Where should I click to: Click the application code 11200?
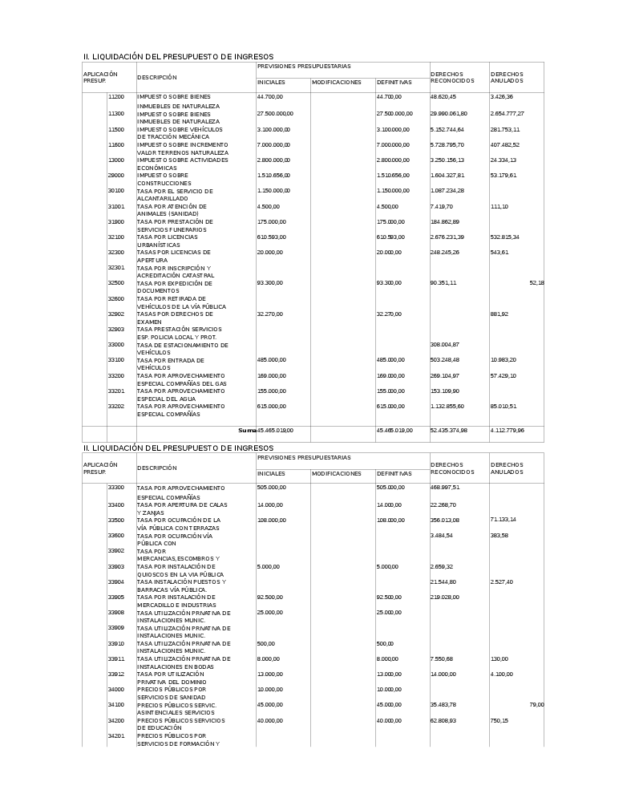point(116,97)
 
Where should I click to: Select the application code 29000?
point(116,175)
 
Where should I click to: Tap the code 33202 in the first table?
point(116,406)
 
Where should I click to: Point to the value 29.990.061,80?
point(449,114)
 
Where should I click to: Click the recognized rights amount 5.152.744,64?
point(447,129)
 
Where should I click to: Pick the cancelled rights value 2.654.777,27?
point(508,114)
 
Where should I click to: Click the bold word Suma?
point(247,431)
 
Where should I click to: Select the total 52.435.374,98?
point(449,431)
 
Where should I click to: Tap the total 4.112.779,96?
point(508,431)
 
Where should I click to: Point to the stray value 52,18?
point(536,283)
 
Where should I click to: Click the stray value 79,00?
point(536,705)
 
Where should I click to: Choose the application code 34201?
point(116,735)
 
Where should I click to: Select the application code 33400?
point(116,504)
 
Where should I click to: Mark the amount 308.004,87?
point(445,345)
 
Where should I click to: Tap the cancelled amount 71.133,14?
point(504,520)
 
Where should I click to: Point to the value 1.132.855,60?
point(447,407)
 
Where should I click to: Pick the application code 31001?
point(116,206)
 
